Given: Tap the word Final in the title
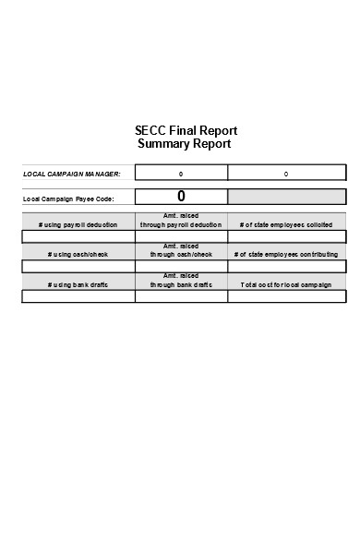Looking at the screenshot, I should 185,130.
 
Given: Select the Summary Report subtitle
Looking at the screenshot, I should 184,144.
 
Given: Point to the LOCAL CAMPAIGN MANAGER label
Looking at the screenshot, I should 72,174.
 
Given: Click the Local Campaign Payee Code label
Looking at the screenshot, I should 68,199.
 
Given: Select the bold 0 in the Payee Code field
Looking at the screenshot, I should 181,196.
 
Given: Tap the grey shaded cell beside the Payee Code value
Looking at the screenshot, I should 286,197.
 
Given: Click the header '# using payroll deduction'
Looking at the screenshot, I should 78,224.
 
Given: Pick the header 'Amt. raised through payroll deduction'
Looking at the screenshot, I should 181,221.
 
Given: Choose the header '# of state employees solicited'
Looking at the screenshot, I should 286,224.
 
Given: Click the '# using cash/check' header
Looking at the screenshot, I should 78,254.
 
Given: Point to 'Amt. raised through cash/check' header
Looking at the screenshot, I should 181,250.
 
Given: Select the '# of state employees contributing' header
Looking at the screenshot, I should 286,254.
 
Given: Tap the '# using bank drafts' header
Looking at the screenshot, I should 78,284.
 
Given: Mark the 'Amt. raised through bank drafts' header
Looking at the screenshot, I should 181,281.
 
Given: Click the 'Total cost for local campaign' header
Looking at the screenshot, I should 286,284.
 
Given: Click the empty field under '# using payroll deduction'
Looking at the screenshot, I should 78,236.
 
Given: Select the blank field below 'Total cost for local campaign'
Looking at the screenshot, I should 286,296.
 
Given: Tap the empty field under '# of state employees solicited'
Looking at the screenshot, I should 286,236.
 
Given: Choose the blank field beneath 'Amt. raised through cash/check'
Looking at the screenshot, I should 181,266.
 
